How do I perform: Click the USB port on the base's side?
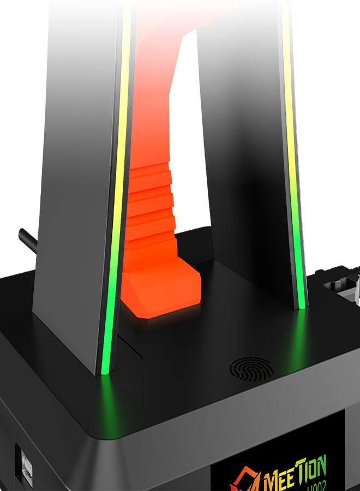pos(24,462)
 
